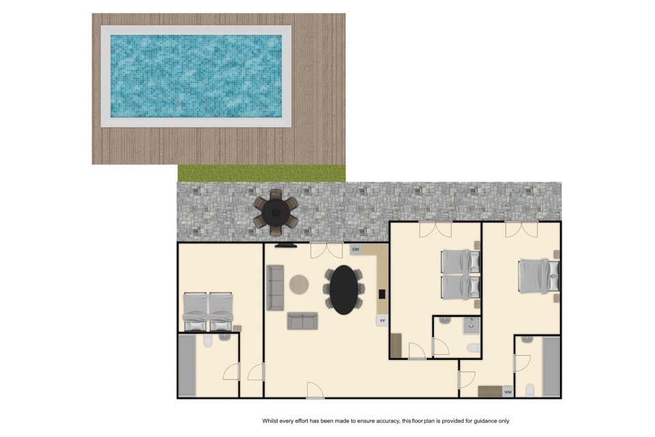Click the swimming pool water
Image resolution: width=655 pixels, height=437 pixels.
[196, 76]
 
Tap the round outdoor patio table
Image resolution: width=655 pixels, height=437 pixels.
[276, 212]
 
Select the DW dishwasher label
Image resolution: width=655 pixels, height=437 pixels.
[356, 250]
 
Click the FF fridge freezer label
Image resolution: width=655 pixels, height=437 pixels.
[382, 321]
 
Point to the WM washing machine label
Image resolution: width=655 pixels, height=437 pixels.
[508, 392]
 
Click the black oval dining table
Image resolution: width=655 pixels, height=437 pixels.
[344, 290]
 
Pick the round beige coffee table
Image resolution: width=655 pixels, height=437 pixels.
[299, 285]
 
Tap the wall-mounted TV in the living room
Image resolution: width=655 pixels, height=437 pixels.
[286, 246]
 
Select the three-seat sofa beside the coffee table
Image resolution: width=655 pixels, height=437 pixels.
[275, 287]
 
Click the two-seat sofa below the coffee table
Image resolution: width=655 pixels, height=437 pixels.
[302, 321]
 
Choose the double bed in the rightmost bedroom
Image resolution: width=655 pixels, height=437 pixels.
[539, 276]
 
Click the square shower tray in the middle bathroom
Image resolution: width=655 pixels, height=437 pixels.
[471, 325]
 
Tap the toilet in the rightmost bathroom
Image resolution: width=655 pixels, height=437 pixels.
[530, 390]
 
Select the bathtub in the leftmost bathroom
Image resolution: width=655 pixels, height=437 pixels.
[187, 365]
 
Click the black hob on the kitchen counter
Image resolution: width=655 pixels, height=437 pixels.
[382, 294]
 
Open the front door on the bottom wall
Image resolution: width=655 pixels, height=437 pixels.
[315, 391]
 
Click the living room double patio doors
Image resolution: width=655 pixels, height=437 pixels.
[327, 250]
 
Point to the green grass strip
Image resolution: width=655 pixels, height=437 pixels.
[261, 173]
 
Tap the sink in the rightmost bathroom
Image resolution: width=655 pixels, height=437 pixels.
[527, 339]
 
